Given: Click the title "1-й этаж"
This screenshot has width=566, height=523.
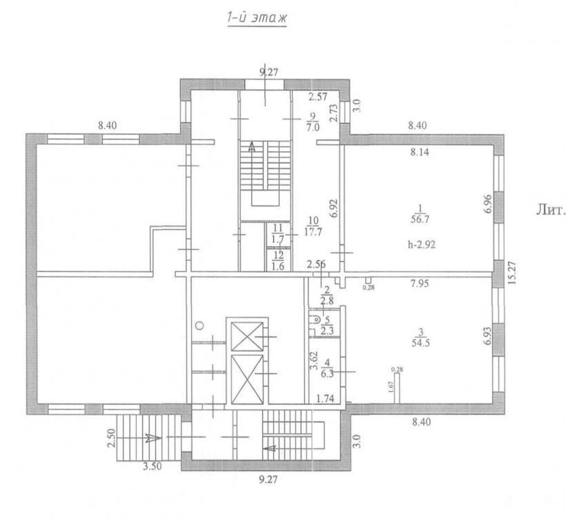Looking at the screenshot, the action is (257, 18).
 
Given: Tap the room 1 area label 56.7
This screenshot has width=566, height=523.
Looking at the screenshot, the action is (420, 219).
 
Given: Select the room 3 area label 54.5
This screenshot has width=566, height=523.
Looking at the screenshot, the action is (420, 342).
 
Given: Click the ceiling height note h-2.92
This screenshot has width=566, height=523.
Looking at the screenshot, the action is (422, 245).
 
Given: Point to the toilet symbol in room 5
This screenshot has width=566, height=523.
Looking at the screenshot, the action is (315, 319).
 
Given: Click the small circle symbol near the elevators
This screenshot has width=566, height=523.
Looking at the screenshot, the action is (199, 325).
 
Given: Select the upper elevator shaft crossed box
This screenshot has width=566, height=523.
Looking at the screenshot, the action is (247, 337).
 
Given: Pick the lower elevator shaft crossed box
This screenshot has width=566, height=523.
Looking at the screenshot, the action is (247, 379).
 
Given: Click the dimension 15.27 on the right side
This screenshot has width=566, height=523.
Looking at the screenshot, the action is (512, 273).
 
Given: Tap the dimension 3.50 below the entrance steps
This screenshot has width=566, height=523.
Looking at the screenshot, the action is (152, 466).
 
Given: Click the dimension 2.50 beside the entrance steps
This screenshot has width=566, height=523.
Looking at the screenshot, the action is (111, 438).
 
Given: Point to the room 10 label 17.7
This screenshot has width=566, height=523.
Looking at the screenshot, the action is (313, 226).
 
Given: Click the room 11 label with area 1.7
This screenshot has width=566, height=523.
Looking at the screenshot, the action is (278, 233).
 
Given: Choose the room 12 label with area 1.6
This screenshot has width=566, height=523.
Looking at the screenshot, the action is (278, 261).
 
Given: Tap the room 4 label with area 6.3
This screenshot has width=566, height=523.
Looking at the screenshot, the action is (327, 368).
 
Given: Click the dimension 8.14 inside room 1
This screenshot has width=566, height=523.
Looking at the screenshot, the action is (420, 152).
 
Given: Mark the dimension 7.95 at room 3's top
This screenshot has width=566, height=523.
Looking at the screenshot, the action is (420, 284).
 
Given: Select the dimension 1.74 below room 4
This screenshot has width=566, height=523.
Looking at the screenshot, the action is (325, 399).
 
